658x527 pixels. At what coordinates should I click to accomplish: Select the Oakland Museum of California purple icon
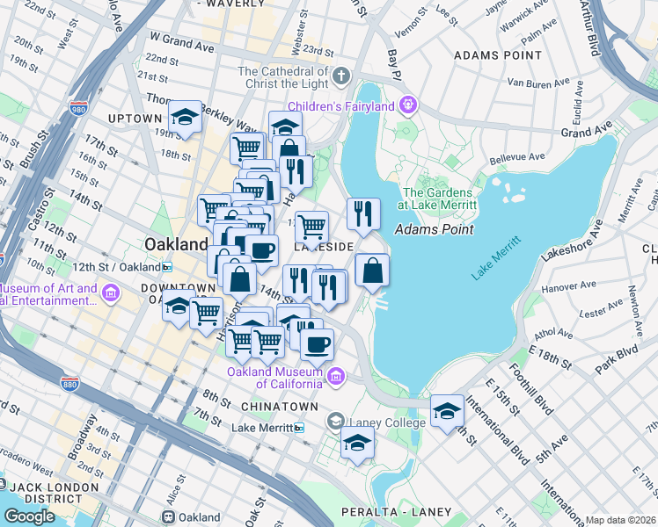coord(335,377)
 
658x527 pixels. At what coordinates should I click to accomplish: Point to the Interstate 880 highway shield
coord(71,384)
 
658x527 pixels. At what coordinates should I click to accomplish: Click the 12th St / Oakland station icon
coord(166,267)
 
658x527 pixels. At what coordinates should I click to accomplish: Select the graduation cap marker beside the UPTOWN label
coord(186,118)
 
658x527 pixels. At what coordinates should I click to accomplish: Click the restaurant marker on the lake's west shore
coord(362,213)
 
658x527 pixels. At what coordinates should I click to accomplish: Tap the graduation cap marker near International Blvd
coord(447,410)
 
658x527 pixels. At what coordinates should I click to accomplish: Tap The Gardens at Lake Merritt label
coord(439,199)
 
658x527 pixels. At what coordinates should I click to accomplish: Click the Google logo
coord(29,516)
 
